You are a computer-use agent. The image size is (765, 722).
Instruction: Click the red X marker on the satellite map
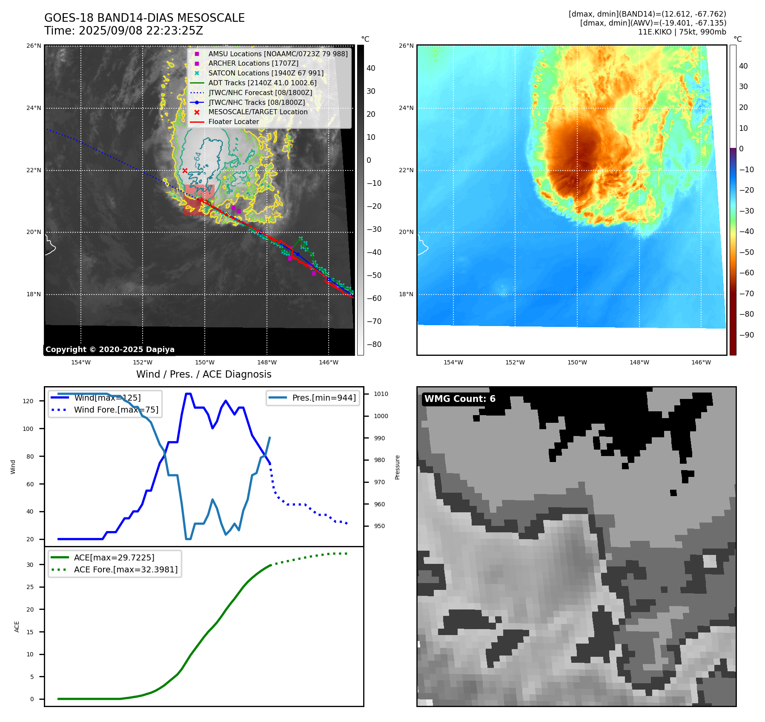coord(185,170)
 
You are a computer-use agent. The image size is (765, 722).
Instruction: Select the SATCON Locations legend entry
coord(266,73)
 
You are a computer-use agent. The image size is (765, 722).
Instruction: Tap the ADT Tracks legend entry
coord(262,83)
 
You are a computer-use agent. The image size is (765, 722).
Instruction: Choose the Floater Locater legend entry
coord(233,121)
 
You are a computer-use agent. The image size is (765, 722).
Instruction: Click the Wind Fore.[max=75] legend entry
coord(116,410)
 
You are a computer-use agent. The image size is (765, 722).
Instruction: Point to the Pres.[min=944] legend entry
coord(324,398)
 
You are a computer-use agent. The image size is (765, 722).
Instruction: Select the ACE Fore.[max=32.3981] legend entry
coord(126,569)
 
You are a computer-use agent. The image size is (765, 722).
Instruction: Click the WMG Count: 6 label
coord(460,399)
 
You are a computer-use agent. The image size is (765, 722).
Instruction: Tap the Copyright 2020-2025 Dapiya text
coord(110,349)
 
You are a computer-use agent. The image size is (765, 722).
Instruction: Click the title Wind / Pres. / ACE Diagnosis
coord(203,374)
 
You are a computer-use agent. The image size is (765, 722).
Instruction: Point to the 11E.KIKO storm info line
coord(682,32)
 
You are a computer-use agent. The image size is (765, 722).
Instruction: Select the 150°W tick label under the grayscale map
coord(205,363)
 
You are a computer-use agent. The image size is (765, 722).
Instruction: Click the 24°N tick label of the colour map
coord(406,108)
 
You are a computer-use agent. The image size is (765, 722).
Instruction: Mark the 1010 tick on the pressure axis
coord(381,394)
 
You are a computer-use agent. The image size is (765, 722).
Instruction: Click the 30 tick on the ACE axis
coord(30,565)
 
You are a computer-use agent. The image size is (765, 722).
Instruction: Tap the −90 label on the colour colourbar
coord(746,335)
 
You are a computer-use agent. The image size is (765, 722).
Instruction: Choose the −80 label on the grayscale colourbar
coord(374,344)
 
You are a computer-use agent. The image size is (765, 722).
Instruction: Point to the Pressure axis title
coord(397,467)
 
